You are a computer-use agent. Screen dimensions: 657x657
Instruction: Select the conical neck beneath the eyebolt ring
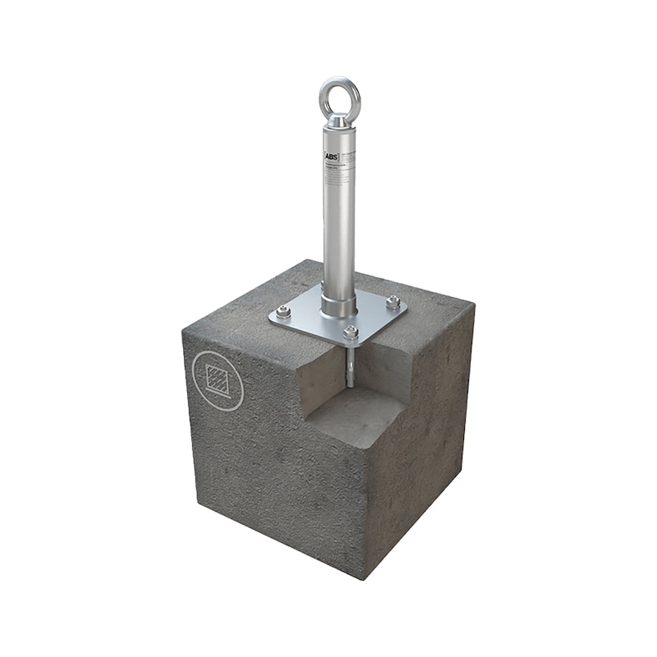[338, 120]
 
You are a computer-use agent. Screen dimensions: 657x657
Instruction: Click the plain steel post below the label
[338, 238]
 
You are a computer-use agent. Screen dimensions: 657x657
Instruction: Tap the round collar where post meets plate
[338, 306]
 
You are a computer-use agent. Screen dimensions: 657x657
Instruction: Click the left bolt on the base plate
[283, 311]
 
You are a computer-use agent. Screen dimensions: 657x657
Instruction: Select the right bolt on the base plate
[393, 301]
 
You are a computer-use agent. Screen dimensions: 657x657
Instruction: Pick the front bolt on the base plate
[351, 332]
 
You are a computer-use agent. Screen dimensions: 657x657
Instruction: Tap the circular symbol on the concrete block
[218, 379]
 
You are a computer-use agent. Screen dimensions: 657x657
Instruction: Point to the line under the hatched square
[218, 394]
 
